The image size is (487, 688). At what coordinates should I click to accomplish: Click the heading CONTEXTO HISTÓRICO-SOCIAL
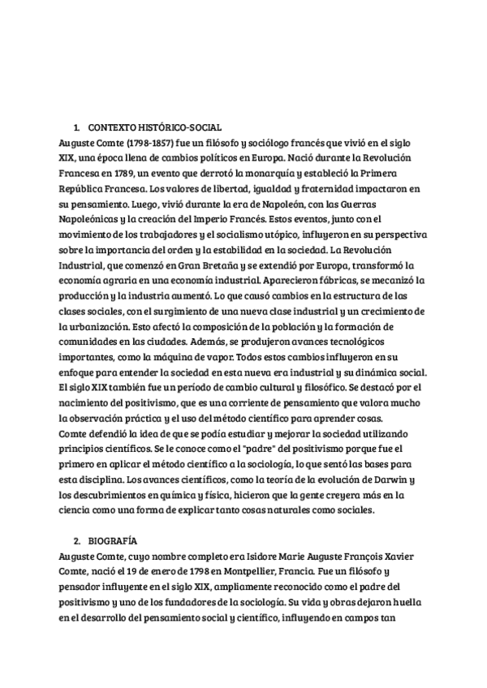coord(154,127)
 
